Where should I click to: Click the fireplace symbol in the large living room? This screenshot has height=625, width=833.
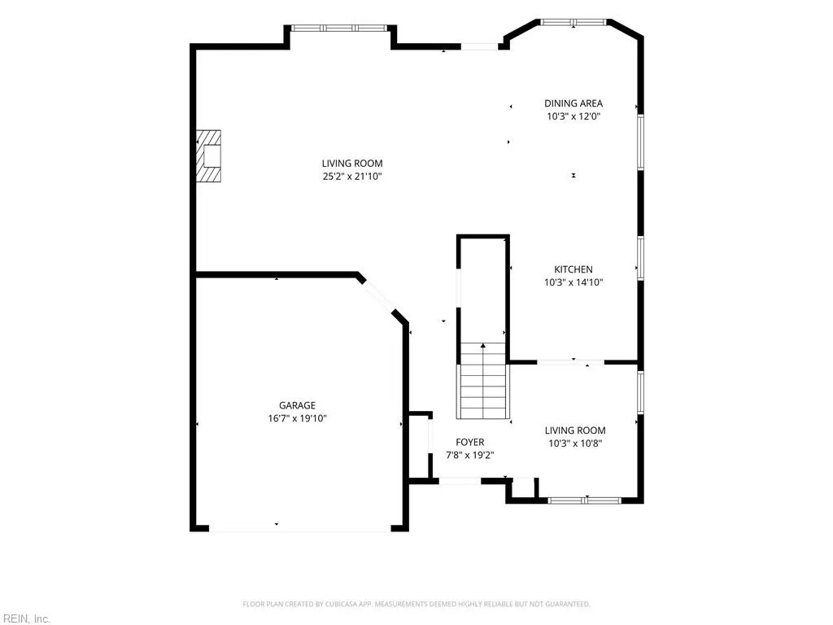208,156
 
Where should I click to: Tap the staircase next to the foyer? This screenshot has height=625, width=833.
483,381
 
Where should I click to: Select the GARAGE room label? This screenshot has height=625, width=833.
298,405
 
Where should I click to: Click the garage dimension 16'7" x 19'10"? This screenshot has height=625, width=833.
298,418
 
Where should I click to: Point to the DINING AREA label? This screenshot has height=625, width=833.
574,103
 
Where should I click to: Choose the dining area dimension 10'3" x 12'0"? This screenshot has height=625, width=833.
574,116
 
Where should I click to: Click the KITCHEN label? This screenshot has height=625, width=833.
574,269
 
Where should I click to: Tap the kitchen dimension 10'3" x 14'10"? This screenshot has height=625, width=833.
574,282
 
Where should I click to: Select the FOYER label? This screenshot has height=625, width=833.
470,442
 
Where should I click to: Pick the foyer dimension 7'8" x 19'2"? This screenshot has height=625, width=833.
470,455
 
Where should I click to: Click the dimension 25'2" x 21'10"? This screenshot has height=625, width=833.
352,177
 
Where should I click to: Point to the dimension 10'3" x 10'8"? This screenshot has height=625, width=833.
575,444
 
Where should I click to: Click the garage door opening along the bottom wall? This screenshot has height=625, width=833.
300,529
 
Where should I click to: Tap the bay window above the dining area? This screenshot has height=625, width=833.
574,22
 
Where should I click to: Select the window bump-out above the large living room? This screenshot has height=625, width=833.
341,28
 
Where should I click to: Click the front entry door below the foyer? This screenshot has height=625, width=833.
460,481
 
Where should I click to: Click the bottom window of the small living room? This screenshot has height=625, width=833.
584,500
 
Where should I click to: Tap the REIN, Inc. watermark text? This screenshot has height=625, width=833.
25,618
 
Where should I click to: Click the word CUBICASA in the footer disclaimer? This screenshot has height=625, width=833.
341,605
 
